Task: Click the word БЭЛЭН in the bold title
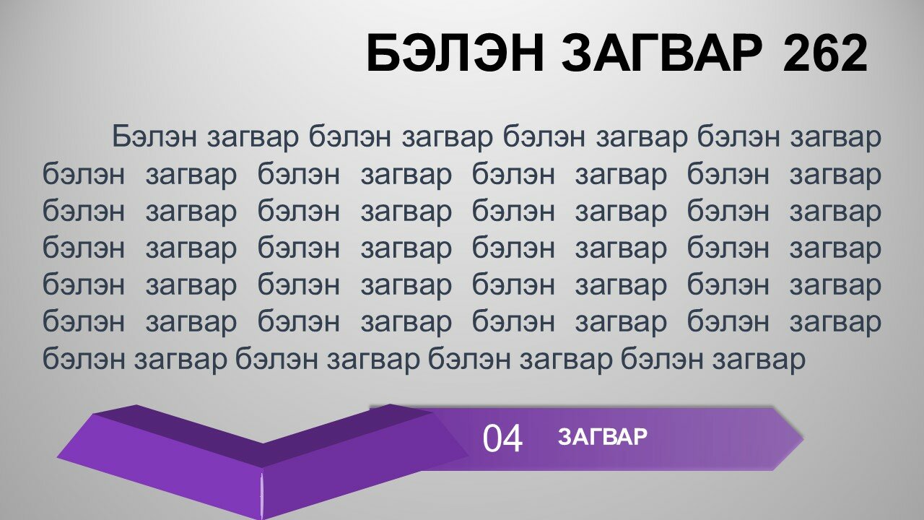pos(455,53)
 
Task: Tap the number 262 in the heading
pos(824,53)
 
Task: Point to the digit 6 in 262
pos(824,53)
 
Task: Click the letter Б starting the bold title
pos(383,53)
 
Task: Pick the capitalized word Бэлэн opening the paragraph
pos(154,136)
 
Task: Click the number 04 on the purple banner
pos(502,438)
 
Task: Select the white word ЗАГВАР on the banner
pos(603,437)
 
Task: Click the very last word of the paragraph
pos(759,360)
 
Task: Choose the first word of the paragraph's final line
pos(83,359)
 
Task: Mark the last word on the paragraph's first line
pos(836,137)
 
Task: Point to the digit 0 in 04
pos(492,438)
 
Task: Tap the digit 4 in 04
pos(513,438)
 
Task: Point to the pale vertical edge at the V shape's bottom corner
pos(261,495)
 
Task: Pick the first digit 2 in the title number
pos(796,53)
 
